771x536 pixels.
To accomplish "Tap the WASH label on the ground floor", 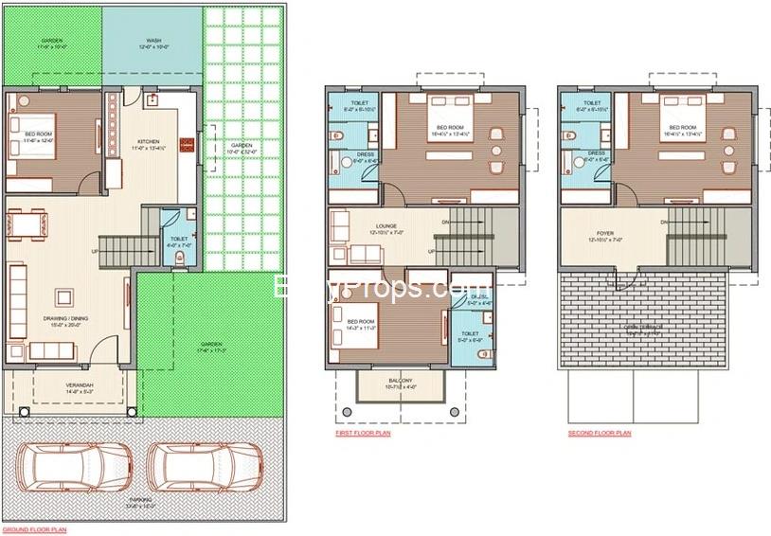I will pos(152,42).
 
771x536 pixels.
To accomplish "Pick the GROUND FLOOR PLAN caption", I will pos(34,530).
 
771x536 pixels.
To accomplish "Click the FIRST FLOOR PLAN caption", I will pos(362,433).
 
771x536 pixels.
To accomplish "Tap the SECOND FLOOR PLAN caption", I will pos(599,433).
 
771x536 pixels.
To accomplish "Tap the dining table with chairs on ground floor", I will pos(28,224).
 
